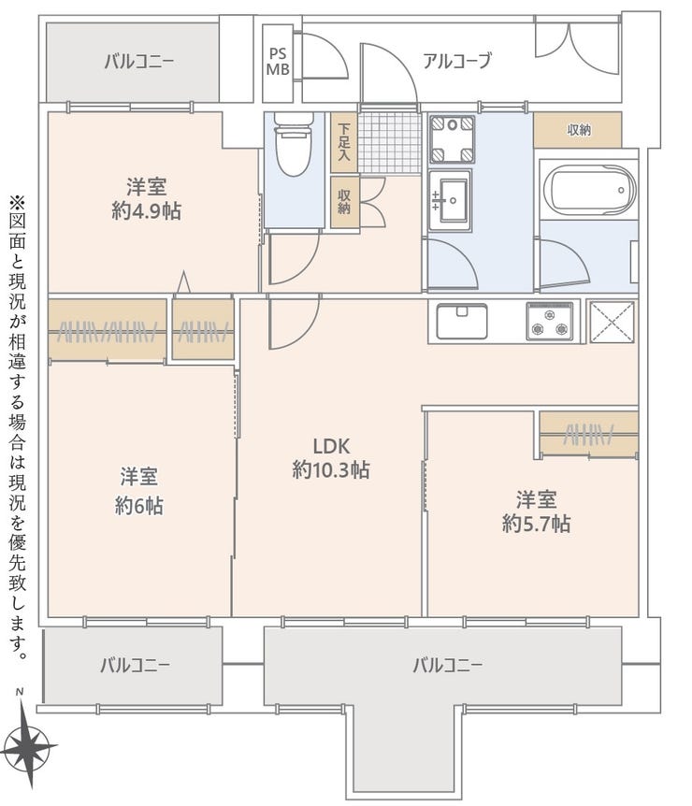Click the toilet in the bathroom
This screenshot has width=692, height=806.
pos(294,143)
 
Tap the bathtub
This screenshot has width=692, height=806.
pos(588,190)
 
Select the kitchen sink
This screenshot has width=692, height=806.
pos(462,322)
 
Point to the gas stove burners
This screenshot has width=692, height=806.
pos(550,322)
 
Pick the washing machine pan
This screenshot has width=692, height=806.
pos(452,137)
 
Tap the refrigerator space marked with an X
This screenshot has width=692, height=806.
pos(611,322)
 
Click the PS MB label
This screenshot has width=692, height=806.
pos(278,61)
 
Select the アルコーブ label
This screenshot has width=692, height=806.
pos(457,61)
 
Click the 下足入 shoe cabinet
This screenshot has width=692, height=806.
pos(344,142)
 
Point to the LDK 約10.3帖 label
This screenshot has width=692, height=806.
pos(331,458)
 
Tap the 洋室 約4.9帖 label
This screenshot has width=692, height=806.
pos(147,198)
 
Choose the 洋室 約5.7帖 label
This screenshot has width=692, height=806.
pos(536,511)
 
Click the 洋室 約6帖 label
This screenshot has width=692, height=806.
pos(138,491)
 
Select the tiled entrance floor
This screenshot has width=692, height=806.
pos(389,143)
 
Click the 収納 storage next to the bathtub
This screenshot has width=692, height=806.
pos(577,130)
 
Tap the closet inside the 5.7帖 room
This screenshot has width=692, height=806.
pos(588,434)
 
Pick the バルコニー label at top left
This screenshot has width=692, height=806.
pos(139,62)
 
